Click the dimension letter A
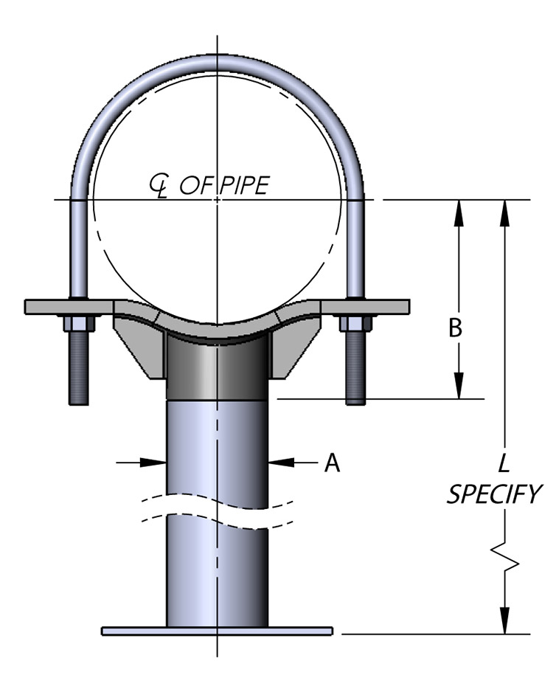(x=333, y=463)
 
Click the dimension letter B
(x=456, y=328)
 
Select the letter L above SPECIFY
(x=504, y=463)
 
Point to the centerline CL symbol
(x=158, y=187)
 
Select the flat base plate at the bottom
(x=217, y=631)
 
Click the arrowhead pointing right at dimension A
(x=156, y=463)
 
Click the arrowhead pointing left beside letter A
(x=279, y=463)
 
